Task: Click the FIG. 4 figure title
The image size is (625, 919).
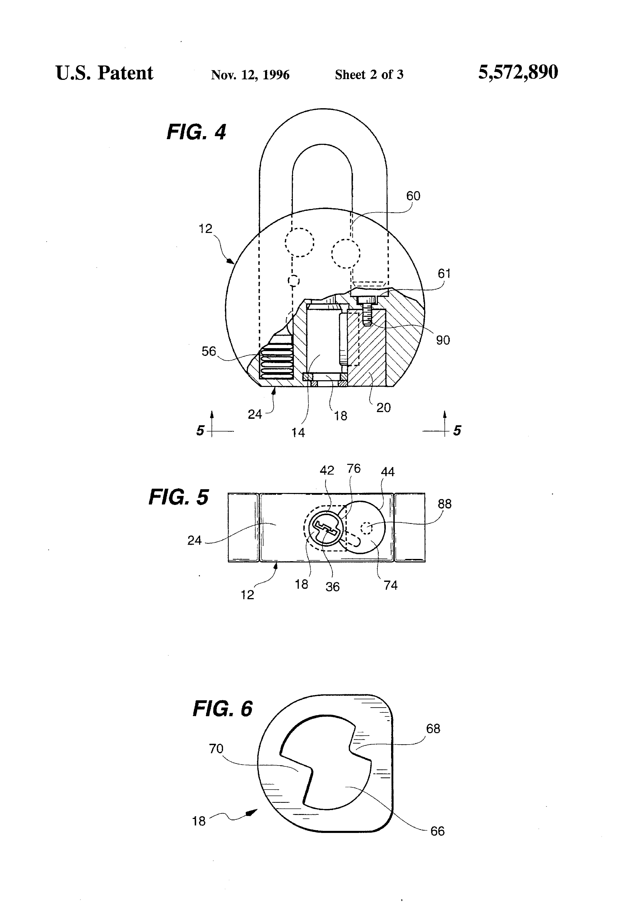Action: click(196, 132)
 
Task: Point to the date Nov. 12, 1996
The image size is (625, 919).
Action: click(250, 75)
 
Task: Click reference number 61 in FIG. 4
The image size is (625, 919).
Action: click(444, 273)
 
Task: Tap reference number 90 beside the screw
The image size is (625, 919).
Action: click(443, 340)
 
